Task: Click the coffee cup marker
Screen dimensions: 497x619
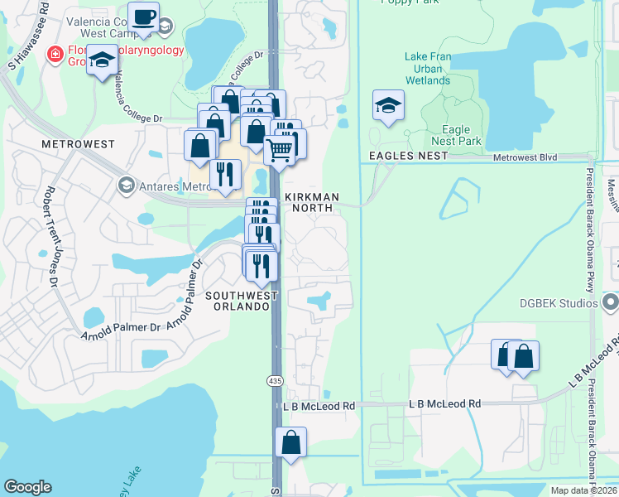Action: [x=144, y=17]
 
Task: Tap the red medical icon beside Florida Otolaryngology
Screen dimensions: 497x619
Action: [x=55, y=54]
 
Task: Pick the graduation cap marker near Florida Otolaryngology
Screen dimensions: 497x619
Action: [x=103, y=61]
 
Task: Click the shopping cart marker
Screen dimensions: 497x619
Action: [x=280, y=151]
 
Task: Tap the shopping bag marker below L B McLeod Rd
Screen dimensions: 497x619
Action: [x=290, y=442]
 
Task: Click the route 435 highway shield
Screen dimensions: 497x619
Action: [x=274, y=380]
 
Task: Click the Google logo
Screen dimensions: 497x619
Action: [x=27, y=487]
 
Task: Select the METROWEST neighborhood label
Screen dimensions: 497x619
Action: [x=76, y=144]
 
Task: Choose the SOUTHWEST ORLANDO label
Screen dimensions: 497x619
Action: [x=238, y=301]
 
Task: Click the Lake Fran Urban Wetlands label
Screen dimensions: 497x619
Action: [x=427, y=69]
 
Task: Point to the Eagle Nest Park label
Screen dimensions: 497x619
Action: [x=456, y=136]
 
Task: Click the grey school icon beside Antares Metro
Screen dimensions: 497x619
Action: [x=125, y=184]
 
